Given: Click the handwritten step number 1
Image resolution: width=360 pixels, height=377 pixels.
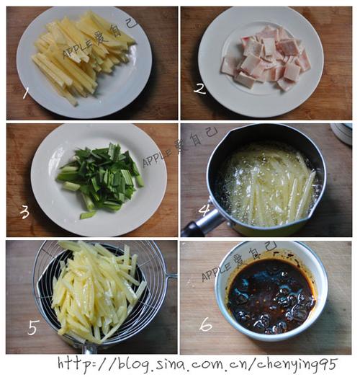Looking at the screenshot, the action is point(26,93).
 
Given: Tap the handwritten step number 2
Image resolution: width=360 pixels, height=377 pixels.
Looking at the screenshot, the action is point(200,89).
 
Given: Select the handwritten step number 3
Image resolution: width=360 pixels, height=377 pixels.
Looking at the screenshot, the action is point(24,213).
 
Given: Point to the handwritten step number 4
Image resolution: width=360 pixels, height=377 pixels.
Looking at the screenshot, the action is point(204,210).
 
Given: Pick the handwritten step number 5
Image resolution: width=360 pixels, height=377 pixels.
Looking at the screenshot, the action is point(32,327).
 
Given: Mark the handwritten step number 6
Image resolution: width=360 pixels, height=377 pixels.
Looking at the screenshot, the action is point(206,324).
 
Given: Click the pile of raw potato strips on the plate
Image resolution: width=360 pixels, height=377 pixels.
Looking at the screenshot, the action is point(83,56).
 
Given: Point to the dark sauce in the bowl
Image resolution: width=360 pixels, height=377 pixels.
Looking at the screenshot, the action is point(271,297).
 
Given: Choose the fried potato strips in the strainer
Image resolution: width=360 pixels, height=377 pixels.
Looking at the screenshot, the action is point(96,291).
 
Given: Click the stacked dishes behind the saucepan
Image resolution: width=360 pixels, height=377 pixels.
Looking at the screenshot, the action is point(341,133).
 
